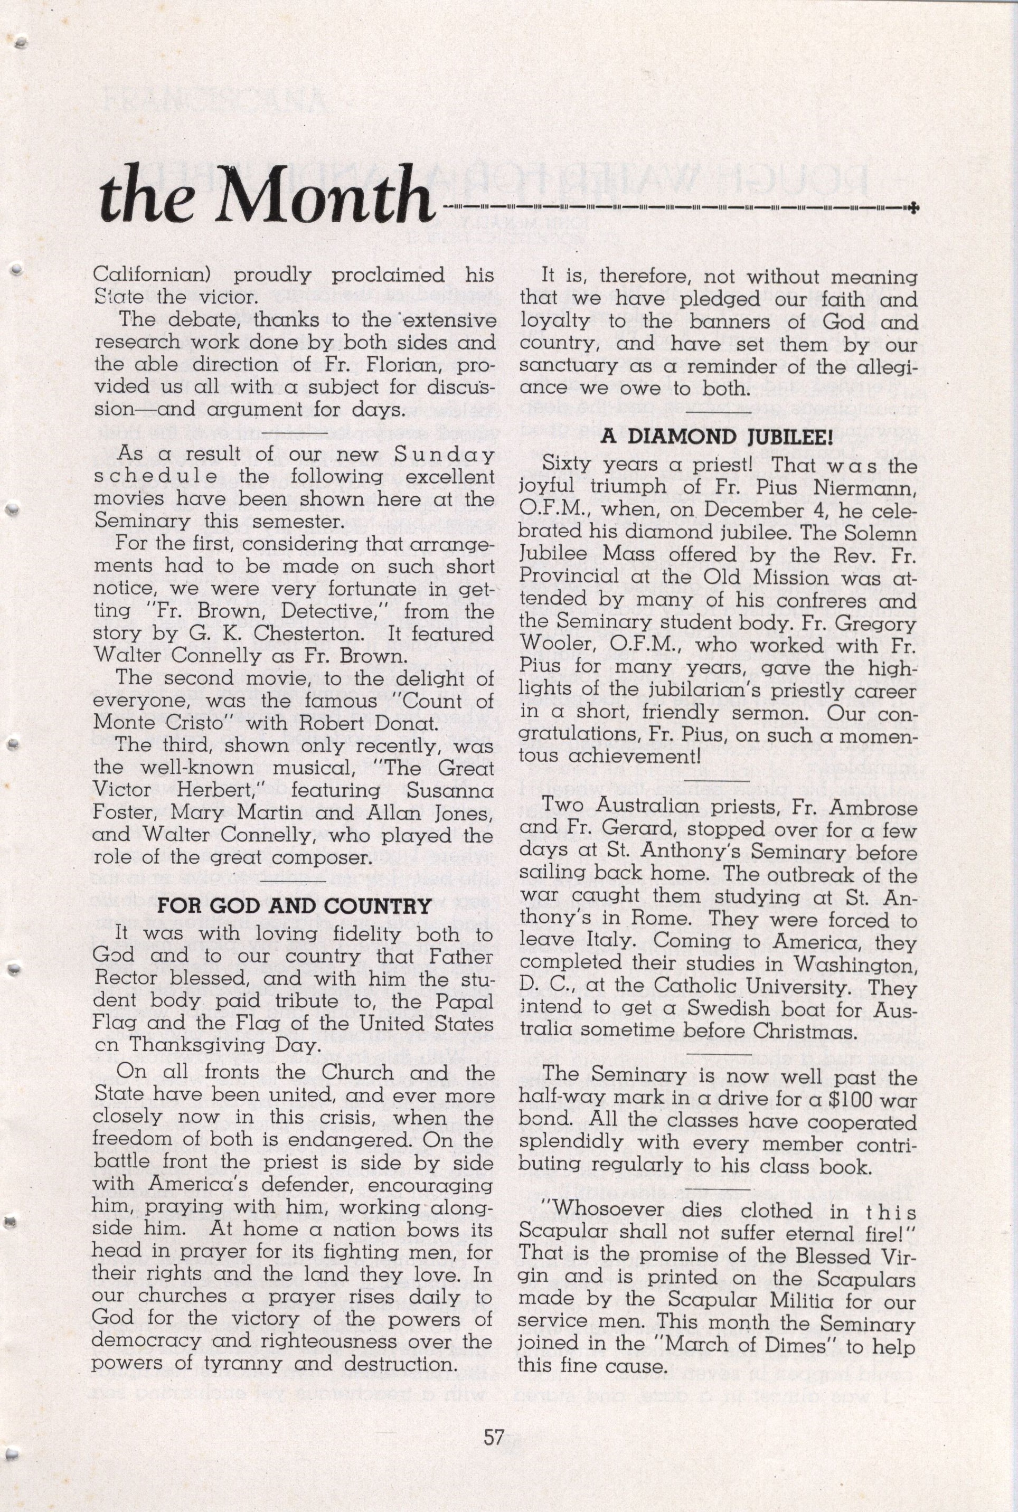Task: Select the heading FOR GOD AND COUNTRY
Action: pyautogui.click(x=294, y=905)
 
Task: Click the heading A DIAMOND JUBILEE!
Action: pyautogui.click(x=716, y=436)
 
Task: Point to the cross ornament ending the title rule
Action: pyautogui.click(x=914, y=208)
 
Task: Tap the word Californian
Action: pyautogui.click(x=155, y=275)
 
